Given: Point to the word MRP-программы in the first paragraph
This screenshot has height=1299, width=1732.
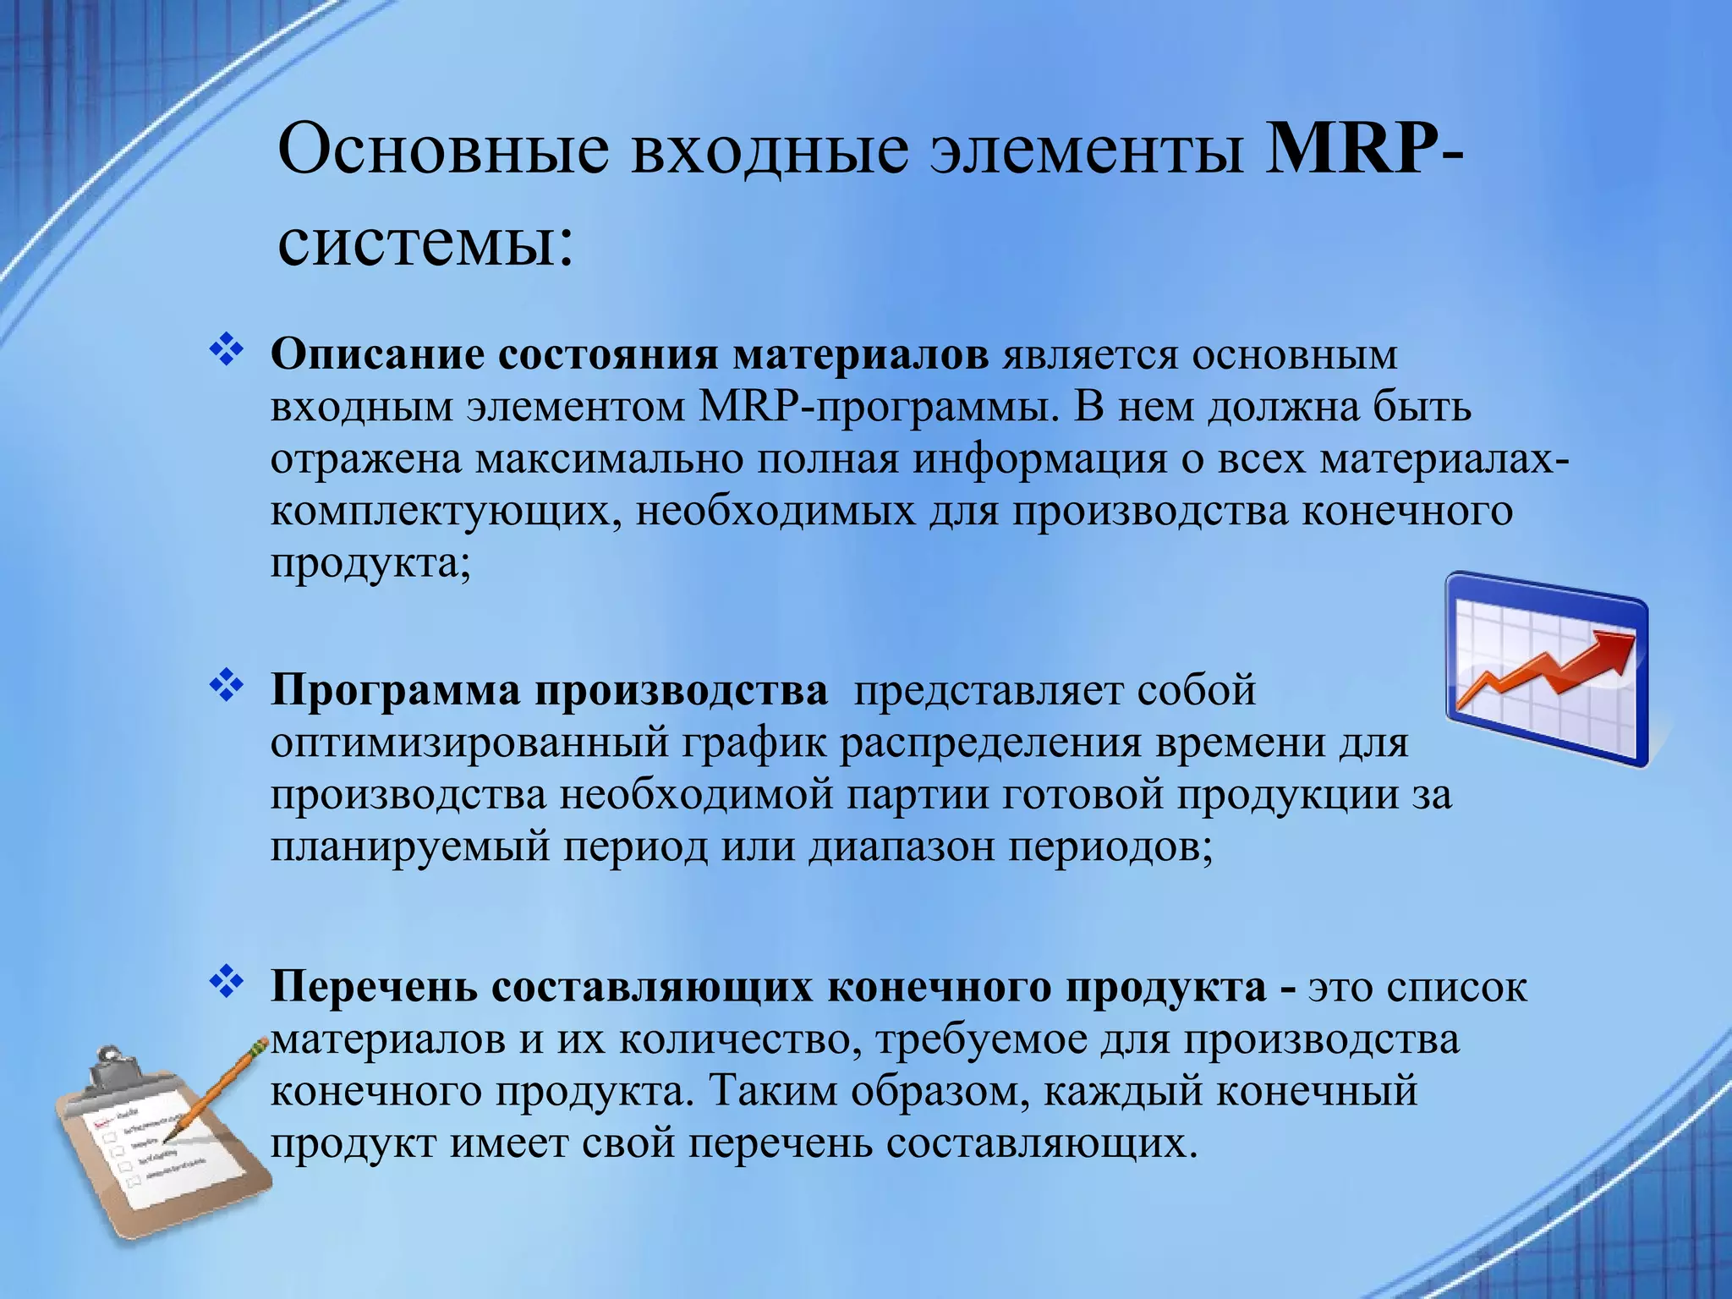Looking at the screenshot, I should (880, 408).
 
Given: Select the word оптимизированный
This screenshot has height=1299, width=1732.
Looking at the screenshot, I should (470, 744).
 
